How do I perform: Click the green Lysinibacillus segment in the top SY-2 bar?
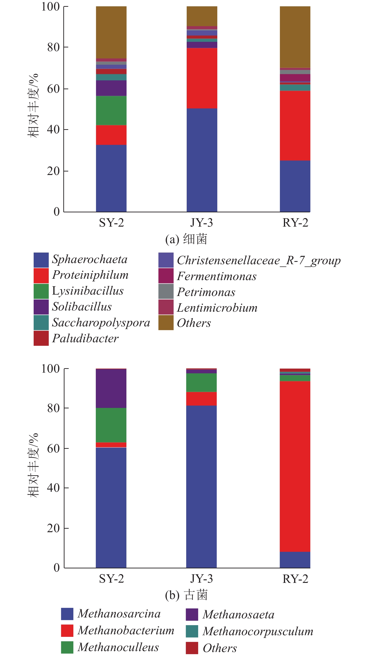111,110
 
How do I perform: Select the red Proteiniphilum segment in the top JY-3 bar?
202,78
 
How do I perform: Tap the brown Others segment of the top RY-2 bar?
295,37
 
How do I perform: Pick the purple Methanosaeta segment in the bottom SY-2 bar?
111,388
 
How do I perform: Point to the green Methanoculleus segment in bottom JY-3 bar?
201,382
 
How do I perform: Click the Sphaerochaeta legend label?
90,260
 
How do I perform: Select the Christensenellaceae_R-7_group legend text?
258,260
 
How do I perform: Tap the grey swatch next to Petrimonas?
166,291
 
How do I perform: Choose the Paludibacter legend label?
85,339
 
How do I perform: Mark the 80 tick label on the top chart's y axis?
53,47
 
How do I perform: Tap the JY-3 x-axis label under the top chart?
201,223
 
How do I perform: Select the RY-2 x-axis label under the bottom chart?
295,579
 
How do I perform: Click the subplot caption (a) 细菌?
186,239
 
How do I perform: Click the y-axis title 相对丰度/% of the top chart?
33,106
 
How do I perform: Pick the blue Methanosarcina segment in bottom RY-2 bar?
295,560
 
